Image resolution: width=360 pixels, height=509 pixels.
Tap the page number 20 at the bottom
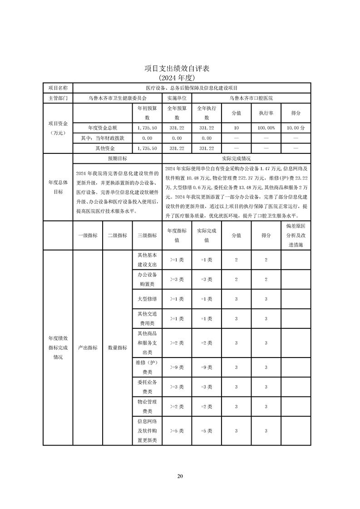click(x=180, y=476)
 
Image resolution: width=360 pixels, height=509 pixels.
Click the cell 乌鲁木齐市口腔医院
click(x=252, y=98)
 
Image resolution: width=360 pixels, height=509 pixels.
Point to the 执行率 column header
click(x=266, y=113)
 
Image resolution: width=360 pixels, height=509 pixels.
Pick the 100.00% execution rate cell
click(x=266, y=128)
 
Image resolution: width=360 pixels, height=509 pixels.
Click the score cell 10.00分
click(x=296, y=128)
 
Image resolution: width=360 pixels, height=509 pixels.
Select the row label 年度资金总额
click(x=103, y=128)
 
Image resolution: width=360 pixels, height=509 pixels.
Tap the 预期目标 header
click(x=117, y=159)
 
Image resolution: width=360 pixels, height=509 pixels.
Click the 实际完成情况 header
click(x=236, y=159)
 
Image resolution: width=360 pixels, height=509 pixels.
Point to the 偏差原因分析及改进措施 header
click(x=296, y=235)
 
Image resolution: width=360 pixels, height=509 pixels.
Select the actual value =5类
click(x=207, y=431)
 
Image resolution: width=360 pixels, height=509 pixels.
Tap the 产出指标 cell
click(x=88, y=347)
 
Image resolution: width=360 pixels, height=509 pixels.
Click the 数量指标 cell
click(x=117, y=347)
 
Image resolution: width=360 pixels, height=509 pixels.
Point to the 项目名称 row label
click(x=58, y=88)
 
